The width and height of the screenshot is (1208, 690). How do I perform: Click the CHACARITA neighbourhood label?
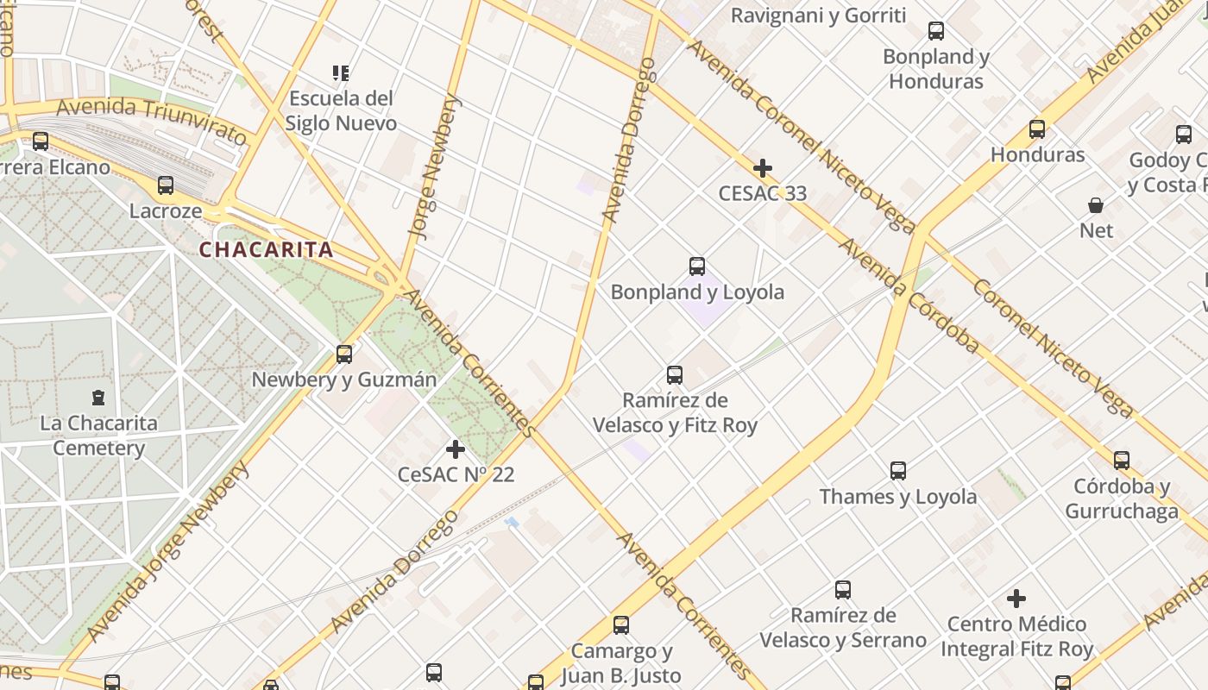point(266,250)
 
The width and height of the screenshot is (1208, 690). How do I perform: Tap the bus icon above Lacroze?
point(166,185)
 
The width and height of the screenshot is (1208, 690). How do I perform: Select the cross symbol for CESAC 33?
point(763,168)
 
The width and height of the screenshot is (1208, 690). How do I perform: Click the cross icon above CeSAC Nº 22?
point(455,449)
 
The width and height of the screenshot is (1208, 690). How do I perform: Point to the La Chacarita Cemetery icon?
point(98,398)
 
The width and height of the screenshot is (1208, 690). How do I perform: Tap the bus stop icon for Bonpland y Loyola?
point(697,267)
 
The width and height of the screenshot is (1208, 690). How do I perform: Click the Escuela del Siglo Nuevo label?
point(341,110)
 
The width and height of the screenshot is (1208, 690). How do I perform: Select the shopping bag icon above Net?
point(1096,205)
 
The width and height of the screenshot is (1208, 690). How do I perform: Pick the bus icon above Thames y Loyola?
point(898,471)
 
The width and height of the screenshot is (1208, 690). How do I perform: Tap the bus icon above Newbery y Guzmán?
point(344,354)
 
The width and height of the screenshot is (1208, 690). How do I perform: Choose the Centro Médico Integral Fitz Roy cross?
point(1016,598)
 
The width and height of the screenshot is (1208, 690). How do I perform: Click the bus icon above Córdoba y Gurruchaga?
point(1122,461)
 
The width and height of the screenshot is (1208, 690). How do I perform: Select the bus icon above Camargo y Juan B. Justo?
point(621,625)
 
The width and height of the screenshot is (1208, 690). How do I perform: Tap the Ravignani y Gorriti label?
point(818,16)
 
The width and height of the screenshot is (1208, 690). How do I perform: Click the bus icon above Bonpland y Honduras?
point(936,32)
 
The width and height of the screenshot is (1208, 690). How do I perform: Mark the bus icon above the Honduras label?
point(1037,129)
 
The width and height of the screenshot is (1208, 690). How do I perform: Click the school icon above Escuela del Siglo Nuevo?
point(341,73)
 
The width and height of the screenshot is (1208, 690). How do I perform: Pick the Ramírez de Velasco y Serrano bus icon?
point(843,590)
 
